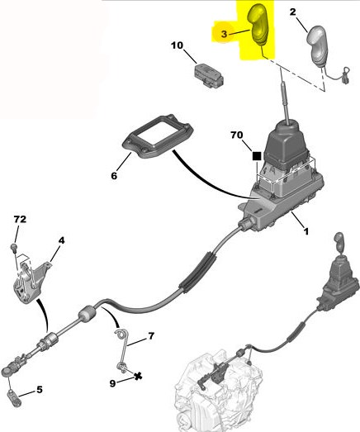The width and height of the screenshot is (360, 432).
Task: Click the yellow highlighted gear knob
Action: coord(258,26)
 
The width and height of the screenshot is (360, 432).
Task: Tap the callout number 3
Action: coord(224,34)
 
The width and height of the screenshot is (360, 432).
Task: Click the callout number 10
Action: coord(177,45)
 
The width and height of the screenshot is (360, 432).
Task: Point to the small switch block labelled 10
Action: coord(209,74)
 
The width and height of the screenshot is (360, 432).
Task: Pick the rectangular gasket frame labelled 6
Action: coord(157,136)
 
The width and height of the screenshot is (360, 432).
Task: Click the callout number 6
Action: coord(114,175)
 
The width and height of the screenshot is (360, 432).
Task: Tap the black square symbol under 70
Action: coord(257,156)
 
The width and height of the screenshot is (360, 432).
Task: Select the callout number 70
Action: coord(237,135)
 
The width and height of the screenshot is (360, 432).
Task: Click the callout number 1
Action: coord(306,231)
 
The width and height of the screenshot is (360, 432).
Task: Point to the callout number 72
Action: coord(20,219)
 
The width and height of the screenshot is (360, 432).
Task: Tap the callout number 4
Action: coord(61,240)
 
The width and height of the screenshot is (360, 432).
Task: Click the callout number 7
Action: coord(151,336)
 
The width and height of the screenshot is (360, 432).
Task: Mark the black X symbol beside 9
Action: coord(138,376)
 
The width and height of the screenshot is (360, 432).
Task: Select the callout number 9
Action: coord(112,383)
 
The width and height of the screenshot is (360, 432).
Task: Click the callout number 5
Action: coord(40,390)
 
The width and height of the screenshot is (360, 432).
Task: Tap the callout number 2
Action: coord(292,12)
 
